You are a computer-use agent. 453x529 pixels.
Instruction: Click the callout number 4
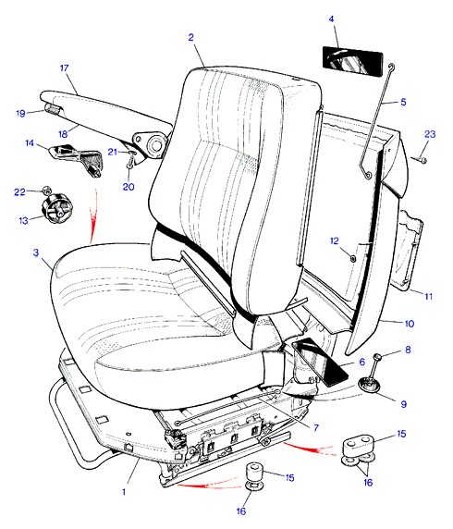pyautogui.click(x=331, y=18)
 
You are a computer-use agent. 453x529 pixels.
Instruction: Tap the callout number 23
pyautogui.click(x=430, y=134)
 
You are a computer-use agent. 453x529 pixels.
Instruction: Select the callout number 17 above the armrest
pyautogui.click(x=64, y=68)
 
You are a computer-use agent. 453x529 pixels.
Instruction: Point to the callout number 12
pyautogui.click(x=334, y=240)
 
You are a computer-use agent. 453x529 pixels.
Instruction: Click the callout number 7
pyautogui.click(x=316, y=428)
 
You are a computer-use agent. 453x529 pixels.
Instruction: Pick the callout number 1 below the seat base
pyautogui.click(x=124, y=492)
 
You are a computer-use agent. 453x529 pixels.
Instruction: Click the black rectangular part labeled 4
pyautogui.click(x=352, y=61)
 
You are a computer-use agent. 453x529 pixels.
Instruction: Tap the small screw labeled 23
pyautogui.click(x=419, y=159)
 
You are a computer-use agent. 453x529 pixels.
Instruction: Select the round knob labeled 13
pyautogui.click(x=55, y=208)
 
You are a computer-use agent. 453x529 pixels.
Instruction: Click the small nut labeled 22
pyautogui.click(x=45, y=190)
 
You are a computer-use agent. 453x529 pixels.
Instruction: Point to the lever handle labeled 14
pyautogui.click(x=76, y=156)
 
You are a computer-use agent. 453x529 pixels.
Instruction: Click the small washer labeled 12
pyautogui.click(x=352, y=259)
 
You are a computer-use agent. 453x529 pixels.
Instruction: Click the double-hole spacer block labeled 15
pyautogui.click(x=359, y=445)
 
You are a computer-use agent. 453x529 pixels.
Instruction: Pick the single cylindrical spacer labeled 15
pyautogui.click(x=255, y=473)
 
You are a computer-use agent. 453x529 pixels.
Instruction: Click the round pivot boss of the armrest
pyautogui.click(x=154, y=144)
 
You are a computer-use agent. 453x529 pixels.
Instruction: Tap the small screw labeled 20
pyautogui.click(x=129, y=166)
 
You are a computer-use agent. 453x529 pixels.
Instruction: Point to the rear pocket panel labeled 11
pyautogui.click(x=410, y=251)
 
